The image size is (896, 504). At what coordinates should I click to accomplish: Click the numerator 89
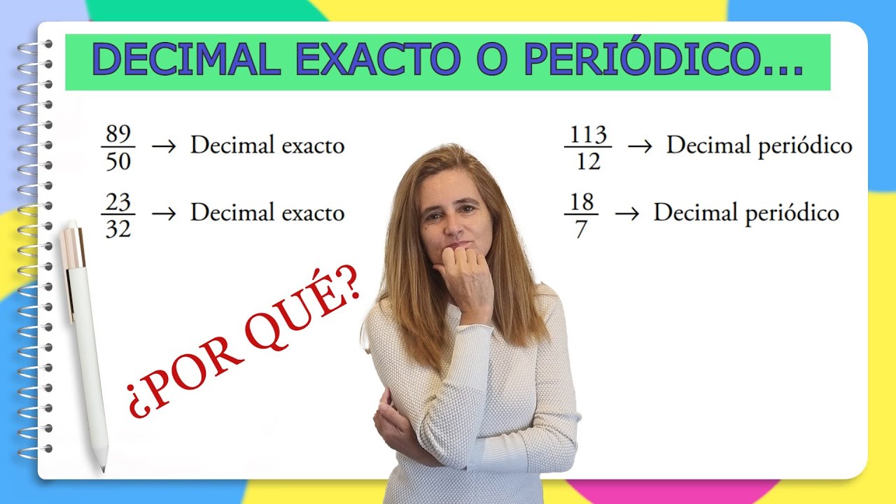[118, 134]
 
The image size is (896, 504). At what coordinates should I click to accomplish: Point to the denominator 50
[118, 161]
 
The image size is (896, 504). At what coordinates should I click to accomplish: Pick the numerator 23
[118, 202]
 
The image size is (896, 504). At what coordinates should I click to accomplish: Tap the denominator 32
[118, 228]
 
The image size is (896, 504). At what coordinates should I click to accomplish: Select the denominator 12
[588, 161]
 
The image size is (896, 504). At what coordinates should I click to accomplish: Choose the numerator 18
[582, 202]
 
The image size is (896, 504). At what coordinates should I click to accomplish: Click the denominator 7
[581, 229]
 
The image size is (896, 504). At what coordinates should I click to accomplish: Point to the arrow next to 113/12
[639, 147]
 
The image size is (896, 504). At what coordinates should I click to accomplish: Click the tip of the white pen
[103, 468]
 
